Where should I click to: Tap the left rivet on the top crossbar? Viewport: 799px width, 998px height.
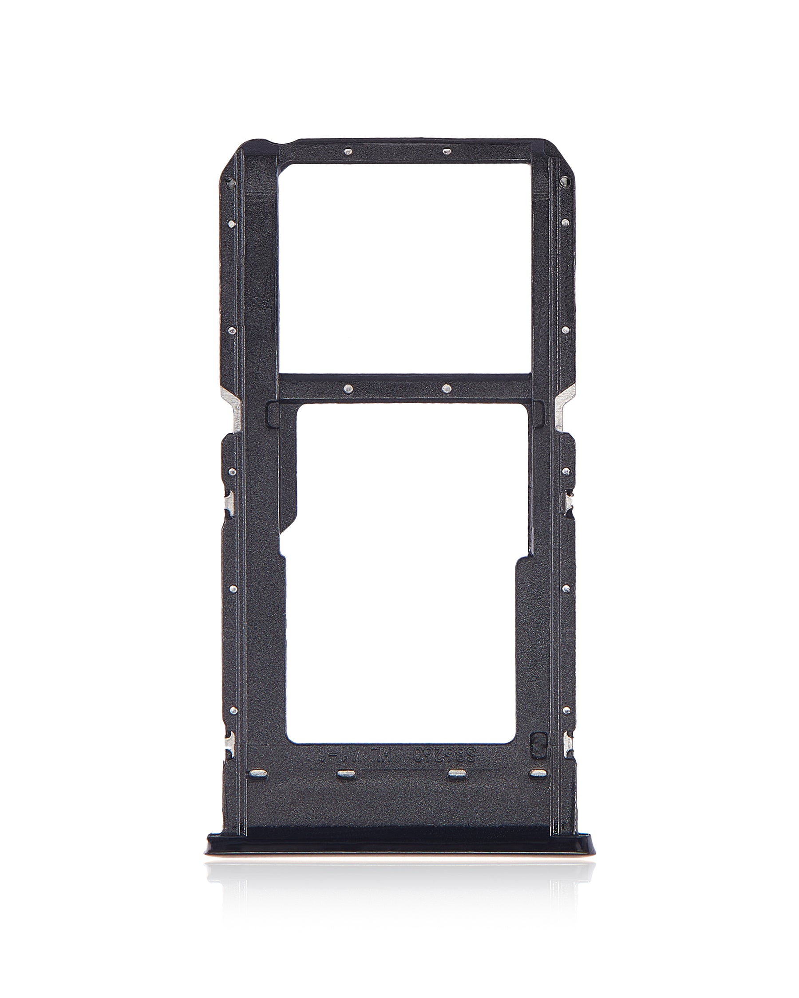pyautogui.click(x=348, y=150)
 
